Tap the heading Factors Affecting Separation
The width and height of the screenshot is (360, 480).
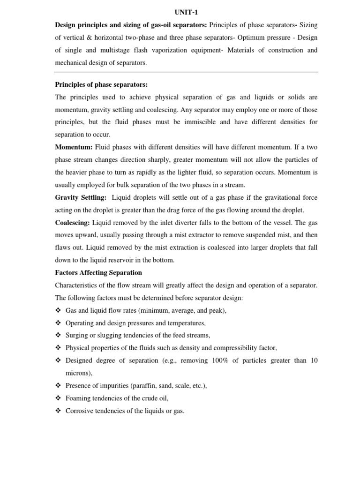[x=98, y=272]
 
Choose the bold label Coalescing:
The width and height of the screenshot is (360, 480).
[x=73, y=222]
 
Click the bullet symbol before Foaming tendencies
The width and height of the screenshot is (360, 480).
[x=59, y=398]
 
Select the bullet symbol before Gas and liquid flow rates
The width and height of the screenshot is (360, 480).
[x=59, y=310]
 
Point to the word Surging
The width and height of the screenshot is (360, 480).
[x=77, y=335]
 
